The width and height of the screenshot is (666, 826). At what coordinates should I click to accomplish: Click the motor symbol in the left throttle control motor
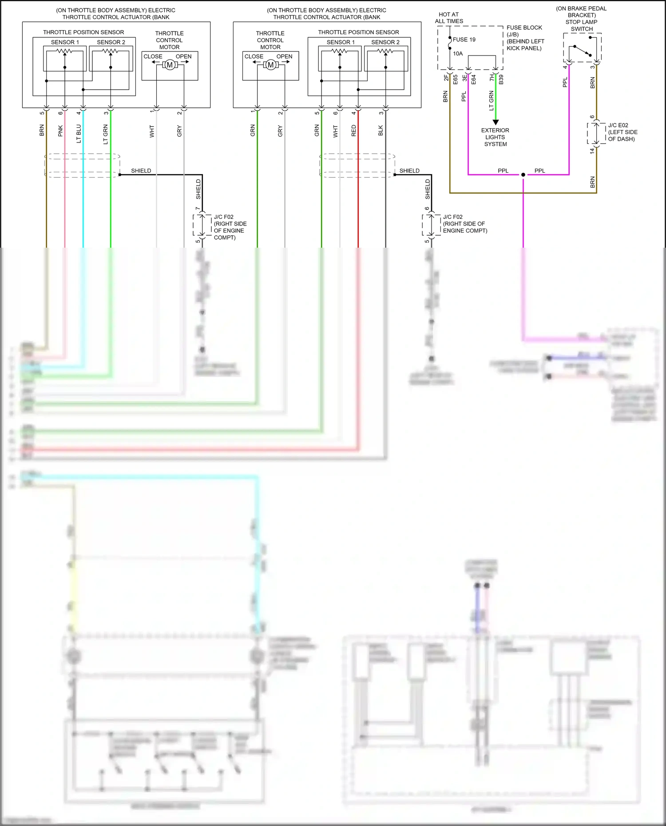[x=169, y=65]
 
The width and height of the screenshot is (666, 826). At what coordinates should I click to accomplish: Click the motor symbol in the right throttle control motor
[x=270, y=65]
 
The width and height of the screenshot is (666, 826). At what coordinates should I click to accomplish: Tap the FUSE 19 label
[x=464, y=40]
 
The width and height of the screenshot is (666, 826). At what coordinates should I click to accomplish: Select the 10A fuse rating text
[x=458, y=54]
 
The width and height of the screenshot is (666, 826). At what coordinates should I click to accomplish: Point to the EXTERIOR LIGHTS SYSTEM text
[x=495, y=137]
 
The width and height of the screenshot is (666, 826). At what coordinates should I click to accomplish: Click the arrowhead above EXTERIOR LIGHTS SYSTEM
[x=496, y=122]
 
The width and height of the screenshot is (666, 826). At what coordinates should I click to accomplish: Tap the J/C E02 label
[x=618, y=126]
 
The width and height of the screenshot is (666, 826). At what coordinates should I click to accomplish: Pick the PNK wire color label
[x=61, y=131]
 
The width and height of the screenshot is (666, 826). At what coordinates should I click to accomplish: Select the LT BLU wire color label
[x=79, y=134]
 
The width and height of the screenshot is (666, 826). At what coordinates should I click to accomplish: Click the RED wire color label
[x=354, y=130]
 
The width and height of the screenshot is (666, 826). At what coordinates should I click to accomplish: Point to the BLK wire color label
[x=381, y=130]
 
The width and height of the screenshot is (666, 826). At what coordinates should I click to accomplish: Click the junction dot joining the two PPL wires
[x=523, y=175]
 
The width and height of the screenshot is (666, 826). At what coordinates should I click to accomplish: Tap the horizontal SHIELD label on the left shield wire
[x=141, y=171]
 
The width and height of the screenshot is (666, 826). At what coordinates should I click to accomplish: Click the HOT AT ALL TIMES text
[x=449, y=18]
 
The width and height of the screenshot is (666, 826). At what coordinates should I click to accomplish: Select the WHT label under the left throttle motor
[x=152, y=131]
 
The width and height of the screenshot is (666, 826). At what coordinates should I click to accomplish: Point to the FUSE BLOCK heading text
[x=524, y=28]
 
